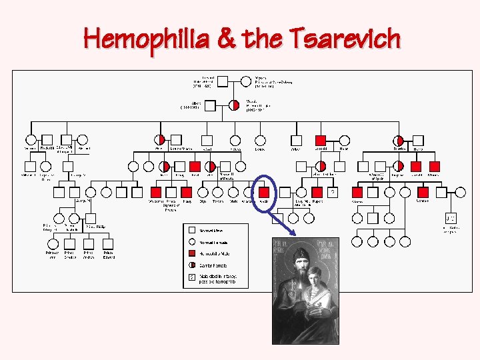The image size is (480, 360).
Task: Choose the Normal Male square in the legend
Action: [x=192, y=230]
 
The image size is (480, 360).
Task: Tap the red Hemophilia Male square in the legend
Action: [x=192, y=253]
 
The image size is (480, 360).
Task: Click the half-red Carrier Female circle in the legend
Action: [x=192, y=265]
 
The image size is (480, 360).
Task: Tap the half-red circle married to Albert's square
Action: [x=234, y=105]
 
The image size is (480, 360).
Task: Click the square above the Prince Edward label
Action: [x=109, y=244]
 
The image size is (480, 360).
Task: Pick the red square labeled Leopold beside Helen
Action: [x=321, y=140]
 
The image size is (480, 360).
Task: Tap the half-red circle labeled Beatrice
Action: [x=399, y=140]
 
